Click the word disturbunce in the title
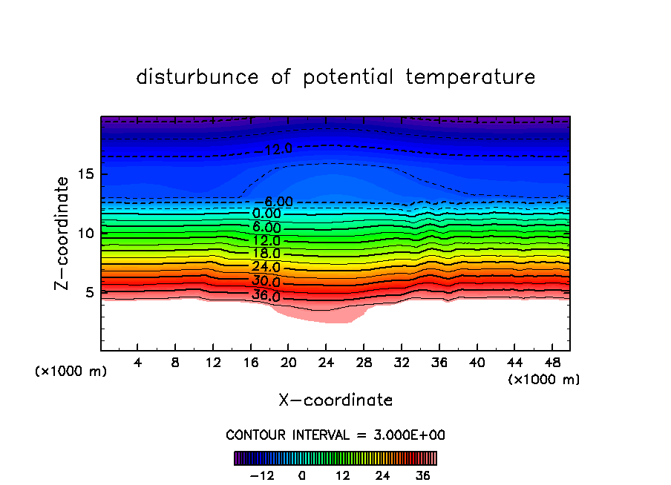[x=197, y=77]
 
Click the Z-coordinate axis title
[x=64, y=233]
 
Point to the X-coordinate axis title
[x=335, y=400]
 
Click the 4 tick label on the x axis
[x=138, y=363]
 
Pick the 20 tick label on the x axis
[x=289, y=363]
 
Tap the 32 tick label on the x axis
[x=402, y=363]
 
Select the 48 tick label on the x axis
[x=552, y=363]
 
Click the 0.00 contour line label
[x=266, y=214]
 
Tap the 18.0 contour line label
[x=266, y=254]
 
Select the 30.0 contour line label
[x=266, y=282]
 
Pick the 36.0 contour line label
[x=266, y=297]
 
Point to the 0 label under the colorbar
[x=302, y=475]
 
